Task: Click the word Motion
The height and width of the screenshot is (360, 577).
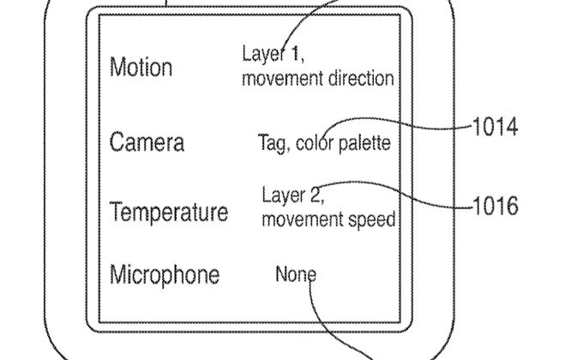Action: (x=141, y=68)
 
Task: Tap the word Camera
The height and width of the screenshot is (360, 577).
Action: (x=147, y=142)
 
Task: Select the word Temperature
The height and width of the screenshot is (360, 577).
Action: (x=169, y=213)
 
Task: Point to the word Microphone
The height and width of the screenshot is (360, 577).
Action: (x=165, y=275)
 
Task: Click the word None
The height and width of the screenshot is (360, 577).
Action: (x=296, y=274)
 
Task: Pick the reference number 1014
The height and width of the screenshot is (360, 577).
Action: (x=496, y=127)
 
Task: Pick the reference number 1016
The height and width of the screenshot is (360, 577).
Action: (x=496, y=206)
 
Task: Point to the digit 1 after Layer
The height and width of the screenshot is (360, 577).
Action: (x=296, y=54)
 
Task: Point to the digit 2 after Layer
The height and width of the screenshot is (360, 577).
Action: (x=316, y=195)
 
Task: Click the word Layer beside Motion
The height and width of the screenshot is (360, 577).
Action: (x=264, y=54)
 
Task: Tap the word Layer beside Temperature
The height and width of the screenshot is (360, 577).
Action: (x=283, y=195)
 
